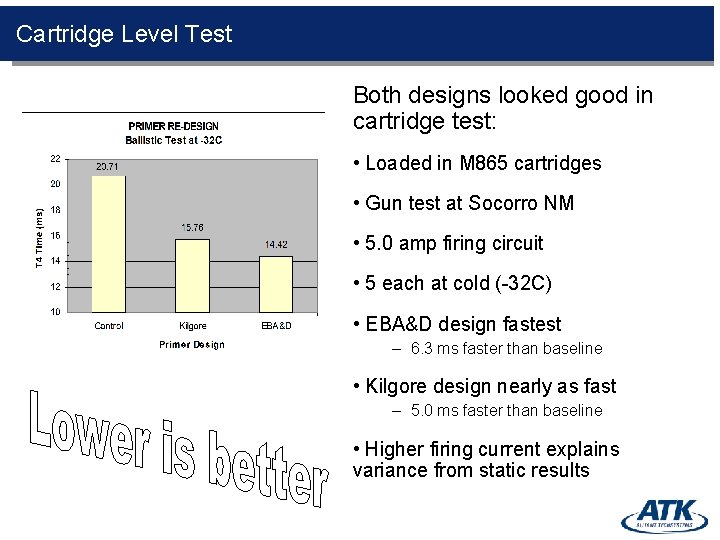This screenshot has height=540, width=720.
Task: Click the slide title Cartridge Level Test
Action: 124,34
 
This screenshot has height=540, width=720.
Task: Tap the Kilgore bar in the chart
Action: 192,275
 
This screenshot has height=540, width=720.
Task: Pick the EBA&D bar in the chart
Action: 276,284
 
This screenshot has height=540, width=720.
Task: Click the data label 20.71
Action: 108,166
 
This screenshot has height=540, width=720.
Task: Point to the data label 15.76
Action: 192,228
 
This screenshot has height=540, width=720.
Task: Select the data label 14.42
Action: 276,245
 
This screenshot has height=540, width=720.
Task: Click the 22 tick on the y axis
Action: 55,158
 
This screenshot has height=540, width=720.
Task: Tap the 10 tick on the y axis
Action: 55,312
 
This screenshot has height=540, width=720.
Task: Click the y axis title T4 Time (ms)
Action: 39,236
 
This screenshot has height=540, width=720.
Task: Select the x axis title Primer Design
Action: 192,345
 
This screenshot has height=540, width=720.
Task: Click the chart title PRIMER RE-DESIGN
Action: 173,127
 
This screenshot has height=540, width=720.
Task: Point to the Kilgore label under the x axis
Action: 192,326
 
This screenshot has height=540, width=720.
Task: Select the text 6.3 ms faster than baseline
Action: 506,349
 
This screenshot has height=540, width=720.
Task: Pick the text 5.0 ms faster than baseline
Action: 506,411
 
